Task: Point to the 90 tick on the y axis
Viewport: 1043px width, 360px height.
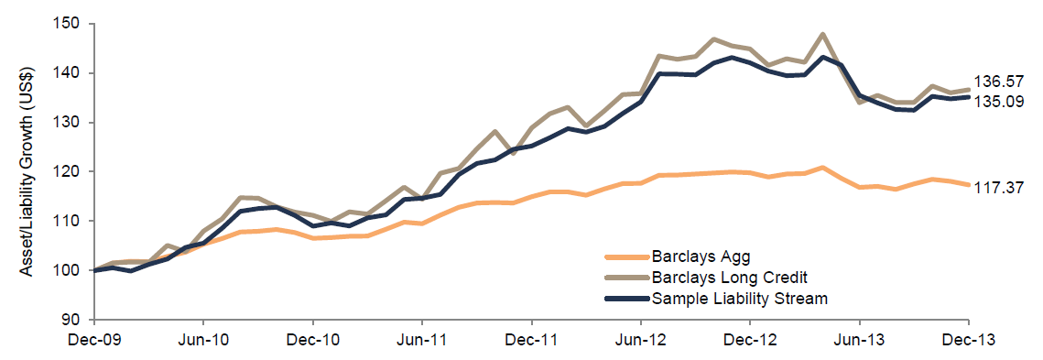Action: (77, 320)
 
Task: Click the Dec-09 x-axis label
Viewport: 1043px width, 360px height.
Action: (94, 338)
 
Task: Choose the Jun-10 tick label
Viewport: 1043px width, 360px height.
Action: (203, 338)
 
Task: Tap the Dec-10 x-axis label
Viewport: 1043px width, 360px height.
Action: (313, 338)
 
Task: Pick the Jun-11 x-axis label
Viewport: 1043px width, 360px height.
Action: (422, 338)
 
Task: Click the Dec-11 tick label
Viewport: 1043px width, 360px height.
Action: (532, 338)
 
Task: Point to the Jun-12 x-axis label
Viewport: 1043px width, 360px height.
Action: (641, 338)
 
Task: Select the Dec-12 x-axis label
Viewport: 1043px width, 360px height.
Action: (750, 338)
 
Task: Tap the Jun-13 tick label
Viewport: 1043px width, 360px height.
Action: (860, 338)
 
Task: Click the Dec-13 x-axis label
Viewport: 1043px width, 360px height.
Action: (969, 338)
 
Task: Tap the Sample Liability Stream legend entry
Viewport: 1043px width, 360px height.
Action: (740, 298)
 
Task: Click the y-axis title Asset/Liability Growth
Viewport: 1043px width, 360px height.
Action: (29, 171)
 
